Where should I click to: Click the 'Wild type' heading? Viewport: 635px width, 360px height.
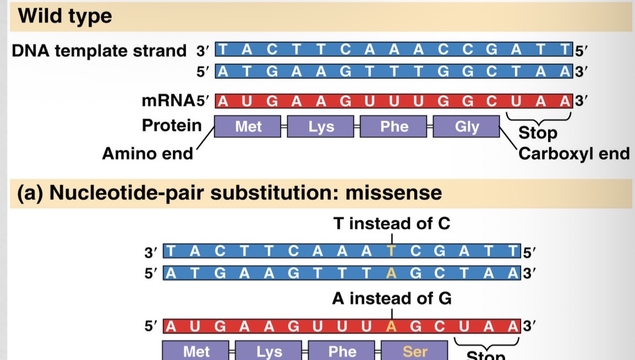(x=65, y=16)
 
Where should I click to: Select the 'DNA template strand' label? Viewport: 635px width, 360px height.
(x=99, y=51)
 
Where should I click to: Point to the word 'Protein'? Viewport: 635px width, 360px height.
(x=172, y=126)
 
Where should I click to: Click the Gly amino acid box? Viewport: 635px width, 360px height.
(x=466, y=127)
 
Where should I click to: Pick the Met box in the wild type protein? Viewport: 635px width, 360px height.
(x=248, y=127)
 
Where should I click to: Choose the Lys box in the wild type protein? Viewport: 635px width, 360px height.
(x=321, y=127)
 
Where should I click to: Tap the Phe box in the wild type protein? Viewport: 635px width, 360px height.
(x=394, y=127)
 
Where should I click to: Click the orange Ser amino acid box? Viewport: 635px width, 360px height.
(x=415, y=351)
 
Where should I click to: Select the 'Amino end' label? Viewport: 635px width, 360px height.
(x=147, y=153)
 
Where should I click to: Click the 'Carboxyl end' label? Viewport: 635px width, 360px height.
(x=573, y=153)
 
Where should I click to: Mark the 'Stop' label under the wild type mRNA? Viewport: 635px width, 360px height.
(x=538, y=133)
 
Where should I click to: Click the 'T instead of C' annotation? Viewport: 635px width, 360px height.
(x=391, y=223)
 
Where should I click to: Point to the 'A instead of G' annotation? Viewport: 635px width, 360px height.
(x=391, y=299)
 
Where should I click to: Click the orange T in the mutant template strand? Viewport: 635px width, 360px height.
(x=391, y=252)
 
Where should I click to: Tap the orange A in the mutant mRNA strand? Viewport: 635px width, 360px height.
(x=391, y=326)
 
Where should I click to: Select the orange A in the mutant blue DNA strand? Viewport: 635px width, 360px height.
(x=391, y=272)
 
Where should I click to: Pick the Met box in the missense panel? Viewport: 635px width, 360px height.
(x=196, y=351)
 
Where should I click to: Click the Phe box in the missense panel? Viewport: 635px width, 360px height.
(x=342, y=351)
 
